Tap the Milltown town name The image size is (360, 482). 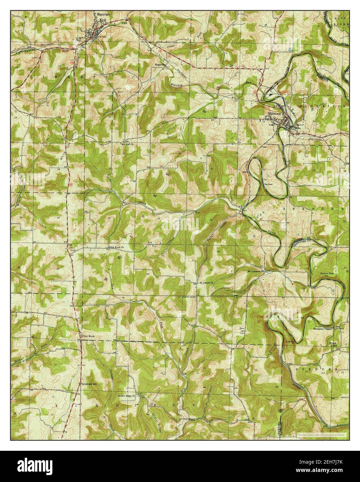(x=274, y=114)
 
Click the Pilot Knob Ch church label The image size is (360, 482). (x=117, y=247)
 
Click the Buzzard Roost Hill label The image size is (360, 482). (x=326, y=275)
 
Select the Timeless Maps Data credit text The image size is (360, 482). (x=318, y=434)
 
